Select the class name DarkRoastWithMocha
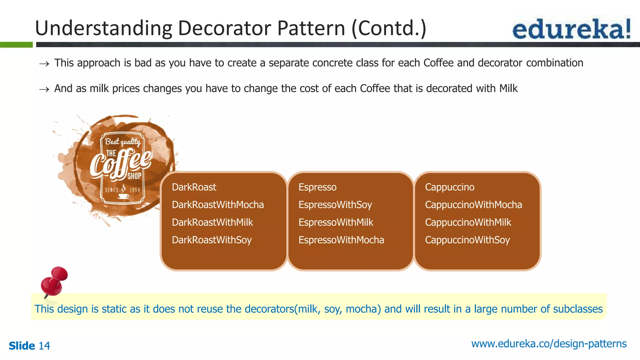point(218,205)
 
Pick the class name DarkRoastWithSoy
point(212,240)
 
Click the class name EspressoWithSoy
point(335,205)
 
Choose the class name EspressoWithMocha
point(341,240)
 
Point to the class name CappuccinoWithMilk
point(468,222)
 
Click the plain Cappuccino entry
point(449,187)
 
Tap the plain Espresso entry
point(317,187)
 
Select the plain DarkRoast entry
point(194,187)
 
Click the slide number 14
point(44,346)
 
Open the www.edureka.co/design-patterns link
point(549,344)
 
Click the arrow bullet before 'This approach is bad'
point(44,64)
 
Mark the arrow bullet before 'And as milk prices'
point(44,90)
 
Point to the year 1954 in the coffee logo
point(135,190)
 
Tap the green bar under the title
point(16,45)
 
